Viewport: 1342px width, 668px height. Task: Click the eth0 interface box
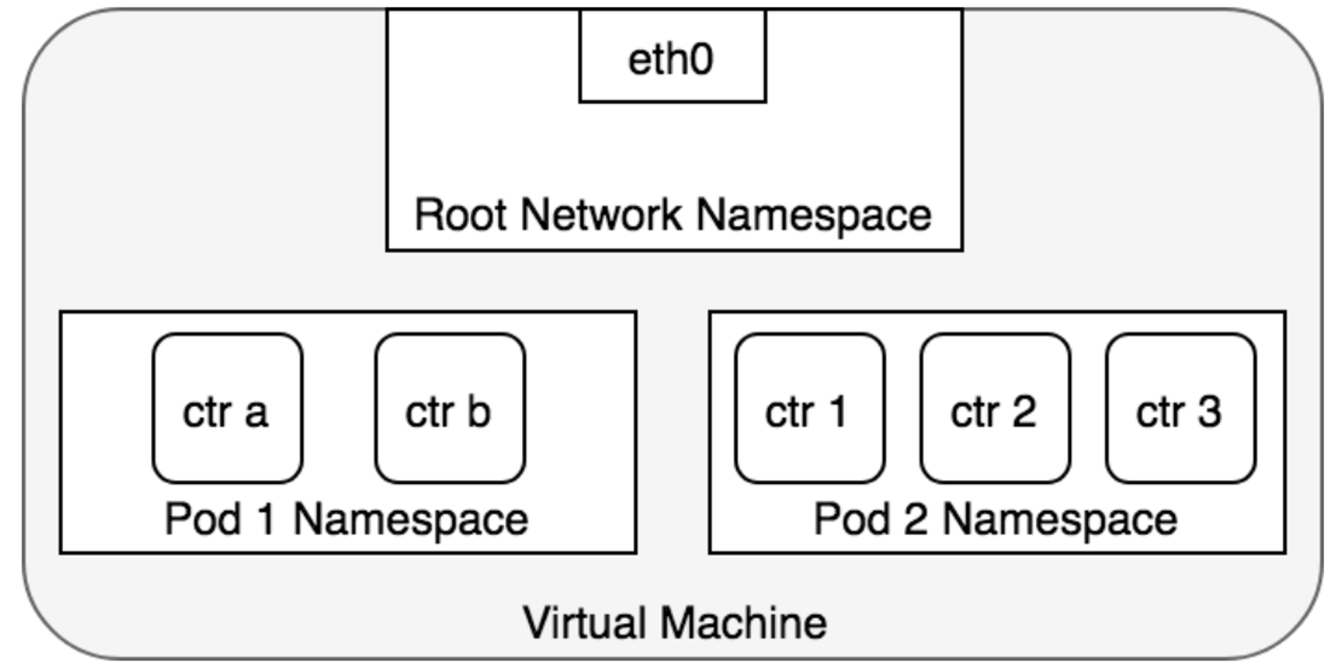tap(672, 56)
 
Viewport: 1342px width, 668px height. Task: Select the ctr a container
tap(227, 408)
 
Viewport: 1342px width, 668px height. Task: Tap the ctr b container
tap(450, 408)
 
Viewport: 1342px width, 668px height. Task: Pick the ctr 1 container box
tap(810, 408)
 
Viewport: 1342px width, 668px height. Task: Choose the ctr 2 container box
tap(995, 408)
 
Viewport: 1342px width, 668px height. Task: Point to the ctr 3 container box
tap(1181, 408)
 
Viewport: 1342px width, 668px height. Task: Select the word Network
tap(601, 215)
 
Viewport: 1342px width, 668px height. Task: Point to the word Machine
tap(743, 622)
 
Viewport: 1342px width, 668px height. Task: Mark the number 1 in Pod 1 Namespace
tap(266, 520)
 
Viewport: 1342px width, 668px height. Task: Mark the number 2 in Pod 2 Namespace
tap(915, 520)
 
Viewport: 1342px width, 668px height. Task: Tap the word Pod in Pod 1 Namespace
tap(203, 520)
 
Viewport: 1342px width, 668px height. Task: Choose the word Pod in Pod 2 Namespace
tap(852, 520)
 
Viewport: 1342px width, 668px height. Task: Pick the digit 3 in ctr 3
tap(1209, 411)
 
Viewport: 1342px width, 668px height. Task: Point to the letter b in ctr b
tap(479, 410)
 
